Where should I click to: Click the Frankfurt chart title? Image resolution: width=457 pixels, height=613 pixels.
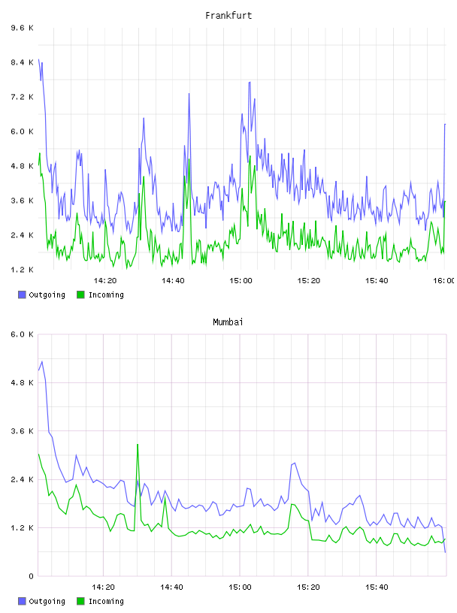click(x=228, y=16)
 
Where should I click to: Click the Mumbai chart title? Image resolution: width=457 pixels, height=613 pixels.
click(x=228, y=322)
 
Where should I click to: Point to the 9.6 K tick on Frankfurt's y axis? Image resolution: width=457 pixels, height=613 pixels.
click(x=22, y=28)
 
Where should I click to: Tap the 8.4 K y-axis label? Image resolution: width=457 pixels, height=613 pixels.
click(x=22, y=62)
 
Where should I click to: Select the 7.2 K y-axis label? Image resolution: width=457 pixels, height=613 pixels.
click(x=22, y=97)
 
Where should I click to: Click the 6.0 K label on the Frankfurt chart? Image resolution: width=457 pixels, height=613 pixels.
click(x=22, y=131)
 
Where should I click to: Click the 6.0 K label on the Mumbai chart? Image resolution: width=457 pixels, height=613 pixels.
click(x=22, y=334)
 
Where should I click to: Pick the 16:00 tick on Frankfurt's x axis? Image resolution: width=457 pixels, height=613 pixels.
click(x=444, y=281)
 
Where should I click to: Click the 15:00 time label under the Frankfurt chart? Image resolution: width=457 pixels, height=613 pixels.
click(x=241, y=281)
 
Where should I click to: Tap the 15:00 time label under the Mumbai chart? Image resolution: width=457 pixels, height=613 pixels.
click(x=240, y=587)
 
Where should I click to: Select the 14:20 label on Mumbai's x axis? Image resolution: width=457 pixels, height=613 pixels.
click(x=103, y=587)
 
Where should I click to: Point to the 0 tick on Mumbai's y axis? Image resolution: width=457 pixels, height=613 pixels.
click(x=31, y=576)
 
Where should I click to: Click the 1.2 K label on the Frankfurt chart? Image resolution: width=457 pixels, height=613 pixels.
click(x=22, y=270)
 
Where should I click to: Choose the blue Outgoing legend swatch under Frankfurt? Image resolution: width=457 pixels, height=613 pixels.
click(x=22, y=294)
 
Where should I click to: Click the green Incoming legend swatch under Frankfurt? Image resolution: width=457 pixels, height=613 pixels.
click(x=80, y=294)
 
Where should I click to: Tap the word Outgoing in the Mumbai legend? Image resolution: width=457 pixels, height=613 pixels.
click(x=47, y=601)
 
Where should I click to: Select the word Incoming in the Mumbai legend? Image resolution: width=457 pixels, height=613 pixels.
click(x=106, y=601)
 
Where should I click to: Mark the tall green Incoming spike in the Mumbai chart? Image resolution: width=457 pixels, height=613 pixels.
click(x=138, y=445)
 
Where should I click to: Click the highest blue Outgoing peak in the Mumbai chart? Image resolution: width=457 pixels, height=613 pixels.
click(x=42, y=361)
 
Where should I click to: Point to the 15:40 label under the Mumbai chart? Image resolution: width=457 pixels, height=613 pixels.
click(x=377, y=587)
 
